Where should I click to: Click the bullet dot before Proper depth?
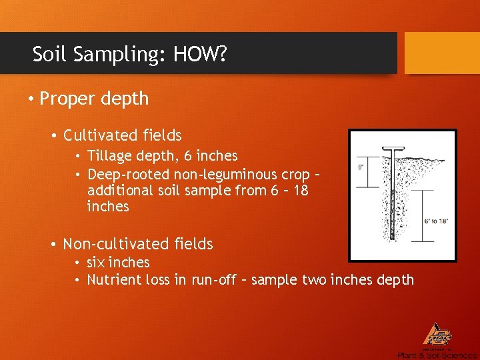click(x=31, y=100)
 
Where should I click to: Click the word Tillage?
click(x=110, y=156)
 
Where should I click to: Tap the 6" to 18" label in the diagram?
click(x=437, y=221)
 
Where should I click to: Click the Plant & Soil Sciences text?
click(x=437, y=355)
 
